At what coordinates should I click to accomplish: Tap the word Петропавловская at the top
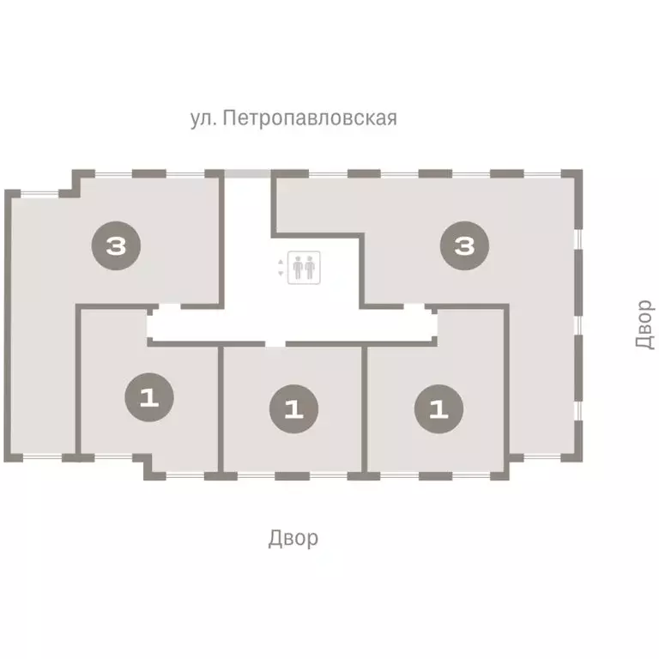pos(309,118)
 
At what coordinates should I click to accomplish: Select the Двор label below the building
pos(293,538)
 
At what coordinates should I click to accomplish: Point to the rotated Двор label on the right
pos(644,323)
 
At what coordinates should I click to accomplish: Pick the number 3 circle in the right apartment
pos(464,247)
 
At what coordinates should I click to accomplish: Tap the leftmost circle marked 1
pos(149,398)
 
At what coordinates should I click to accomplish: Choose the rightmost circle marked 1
pos(438,408)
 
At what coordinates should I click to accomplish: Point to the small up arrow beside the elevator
pos(281,261)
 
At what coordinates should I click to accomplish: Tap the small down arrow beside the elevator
pos(281,274)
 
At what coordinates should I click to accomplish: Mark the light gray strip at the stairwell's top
pos(248,173)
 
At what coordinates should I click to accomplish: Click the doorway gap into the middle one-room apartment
pos(275,344)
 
